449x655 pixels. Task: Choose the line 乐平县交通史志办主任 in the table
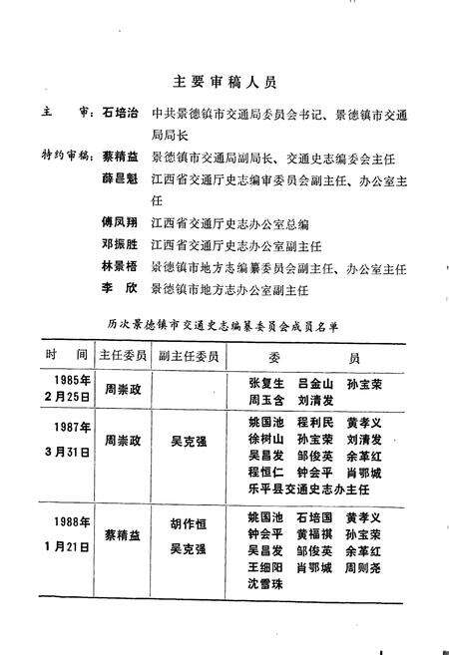point(307,491)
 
